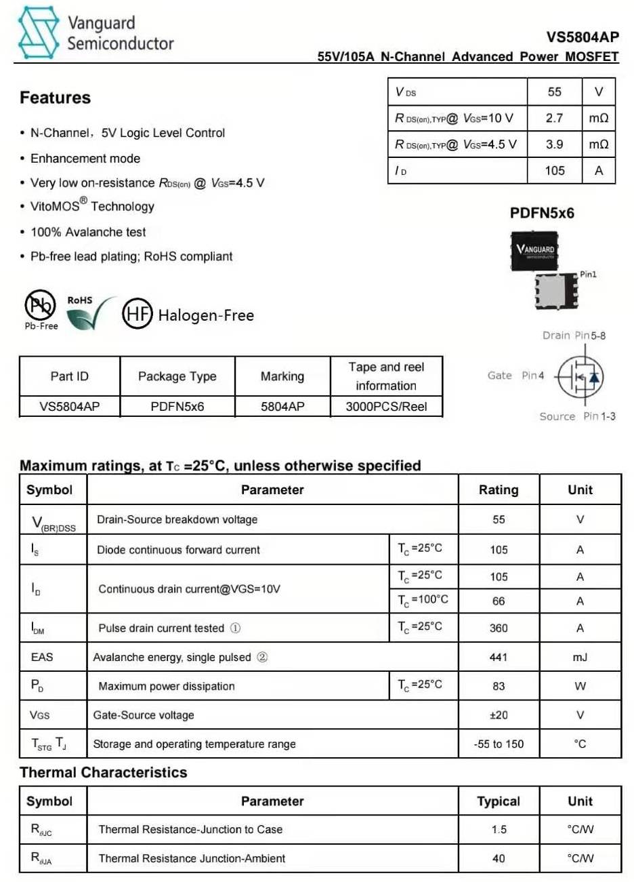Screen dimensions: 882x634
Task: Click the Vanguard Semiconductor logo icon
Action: (x=38, y=33)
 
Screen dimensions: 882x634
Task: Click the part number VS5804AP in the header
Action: (x=583, y=38)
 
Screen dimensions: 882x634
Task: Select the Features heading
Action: (x=55, y=98)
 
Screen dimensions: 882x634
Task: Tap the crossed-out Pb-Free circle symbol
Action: (x=40, y=306)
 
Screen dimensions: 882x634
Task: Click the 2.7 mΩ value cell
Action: (x=554, y=118)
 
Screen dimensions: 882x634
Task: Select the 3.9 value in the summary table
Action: (x=554, y=144)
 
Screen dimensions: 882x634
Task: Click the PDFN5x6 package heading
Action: (x=542, y=213)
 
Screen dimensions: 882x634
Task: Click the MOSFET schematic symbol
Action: (x=580, y=376)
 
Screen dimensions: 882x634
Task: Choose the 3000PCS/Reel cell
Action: (x=386, y=407)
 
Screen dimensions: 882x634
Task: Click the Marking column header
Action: (x=282, y=376)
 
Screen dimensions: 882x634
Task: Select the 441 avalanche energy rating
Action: (x=499, y=657)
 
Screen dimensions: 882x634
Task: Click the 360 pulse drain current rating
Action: (x=499, y=628)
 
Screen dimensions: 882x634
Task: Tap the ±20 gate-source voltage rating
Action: (x=499, y=715)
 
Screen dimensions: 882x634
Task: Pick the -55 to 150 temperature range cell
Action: (x=499, y=744)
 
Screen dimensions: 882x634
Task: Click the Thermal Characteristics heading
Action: (x=103, y=772)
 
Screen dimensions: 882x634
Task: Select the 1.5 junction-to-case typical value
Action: (x=499, y=830)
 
